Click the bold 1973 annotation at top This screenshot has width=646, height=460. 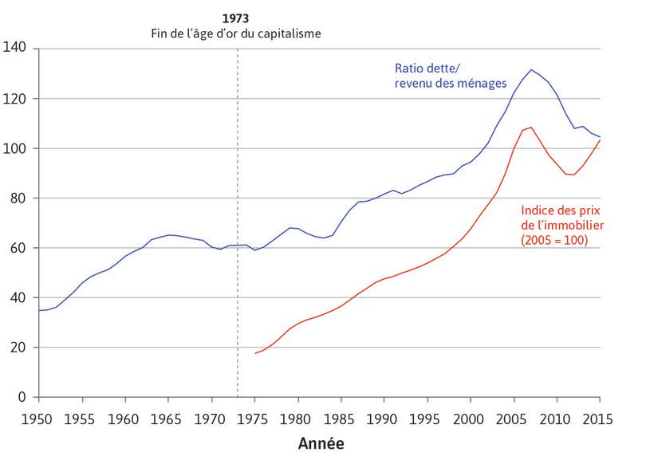pyautogui.click(x=238, y=18)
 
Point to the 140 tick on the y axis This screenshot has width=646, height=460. pyautogui.click(x=17, y=49)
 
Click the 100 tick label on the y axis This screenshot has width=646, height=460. pyautogui.click(x=17, y=148)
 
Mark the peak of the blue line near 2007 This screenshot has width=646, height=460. pyautogui.click(x=531, y=69)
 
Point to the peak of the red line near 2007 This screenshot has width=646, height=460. pyautogui.click(x=531, y=127)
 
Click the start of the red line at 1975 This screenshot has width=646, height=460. pyautogui.click(x=255, y=353)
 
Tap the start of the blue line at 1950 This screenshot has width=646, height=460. pyautogui.click(x=38, y=310)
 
